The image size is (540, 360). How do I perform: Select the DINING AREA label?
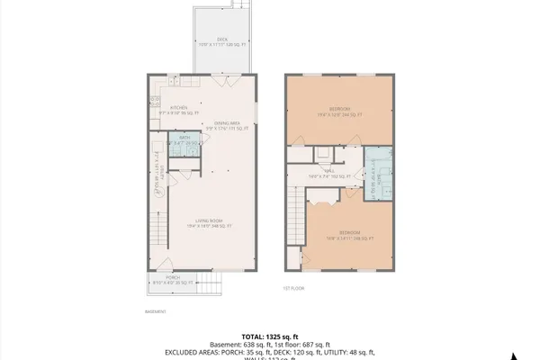point(227,124)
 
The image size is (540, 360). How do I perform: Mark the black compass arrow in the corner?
point(516,353)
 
